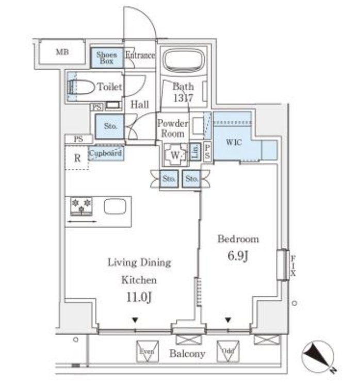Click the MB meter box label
point(62,52)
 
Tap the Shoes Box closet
point(107,57)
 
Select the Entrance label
point(140,55)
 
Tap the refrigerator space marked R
point(77,158)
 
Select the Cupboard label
point(106,153)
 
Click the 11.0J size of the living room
point(139,298)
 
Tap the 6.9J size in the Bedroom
point(238,256)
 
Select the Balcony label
point(188,354)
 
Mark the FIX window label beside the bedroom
point(293,265)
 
